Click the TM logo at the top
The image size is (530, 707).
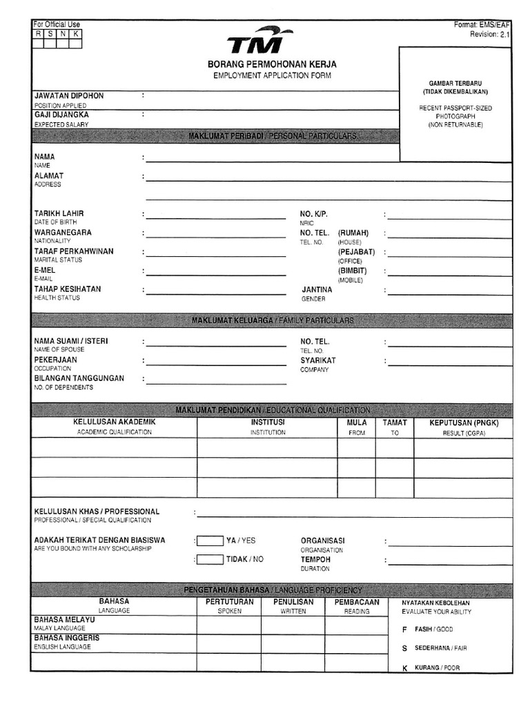pyautogui.click(x=259, y=42)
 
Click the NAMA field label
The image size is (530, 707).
pyautogui.click(x=44, y=157)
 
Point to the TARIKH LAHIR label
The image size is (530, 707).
pyautogui.click(x=59, y=214)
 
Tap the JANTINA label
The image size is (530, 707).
pyautogui.click(x=316, y=289)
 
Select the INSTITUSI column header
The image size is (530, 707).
pyautogui.click(x=267, y=422)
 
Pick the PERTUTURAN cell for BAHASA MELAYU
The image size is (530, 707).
pyautogui.click(x=229, y=624)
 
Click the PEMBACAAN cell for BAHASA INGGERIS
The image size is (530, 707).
pyautogui.click(x=356, y=643)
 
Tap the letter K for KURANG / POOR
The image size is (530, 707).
pyautogui.click(x=404, y=668)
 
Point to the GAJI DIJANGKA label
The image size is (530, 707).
pyautogui.click(x=61, y=115)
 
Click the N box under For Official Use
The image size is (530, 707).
pyautogui.click(x=63, y=34)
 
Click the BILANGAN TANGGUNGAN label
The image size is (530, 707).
pyautogui.click(x=79, y=378)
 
